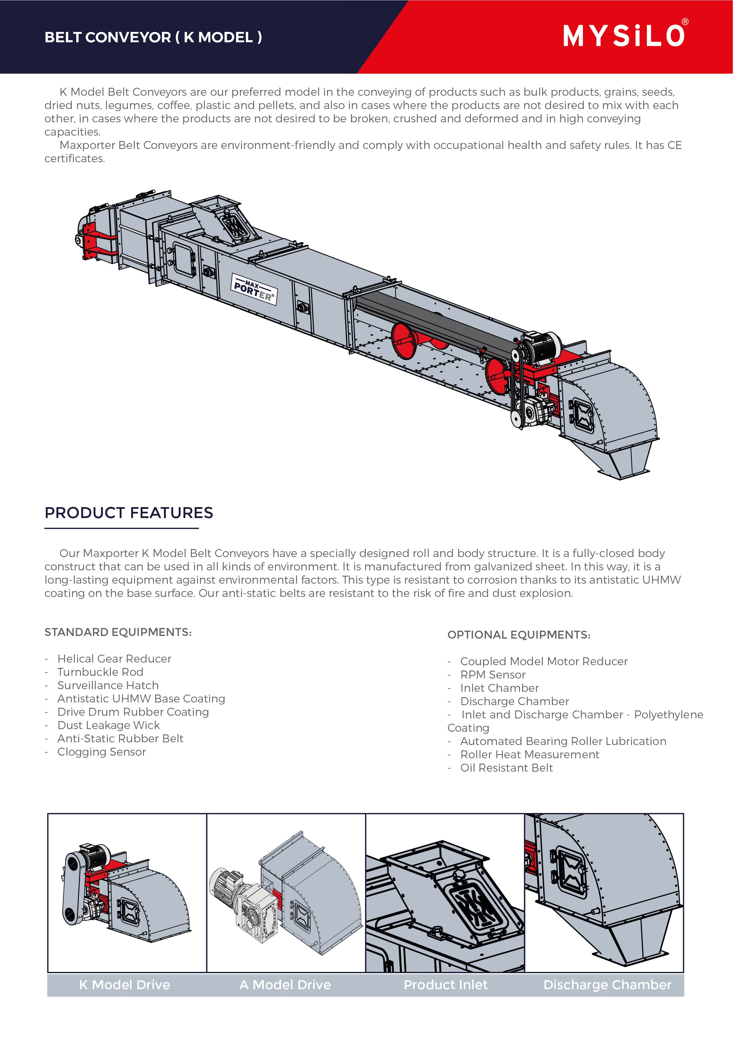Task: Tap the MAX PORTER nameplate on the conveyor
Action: [x=254, y=289]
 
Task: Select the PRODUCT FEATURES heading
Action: [x=129, y=513]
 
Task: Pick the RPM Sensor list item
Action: [x=493, y=674]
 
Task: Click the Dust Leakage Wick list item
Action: [x=108, y=725]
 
